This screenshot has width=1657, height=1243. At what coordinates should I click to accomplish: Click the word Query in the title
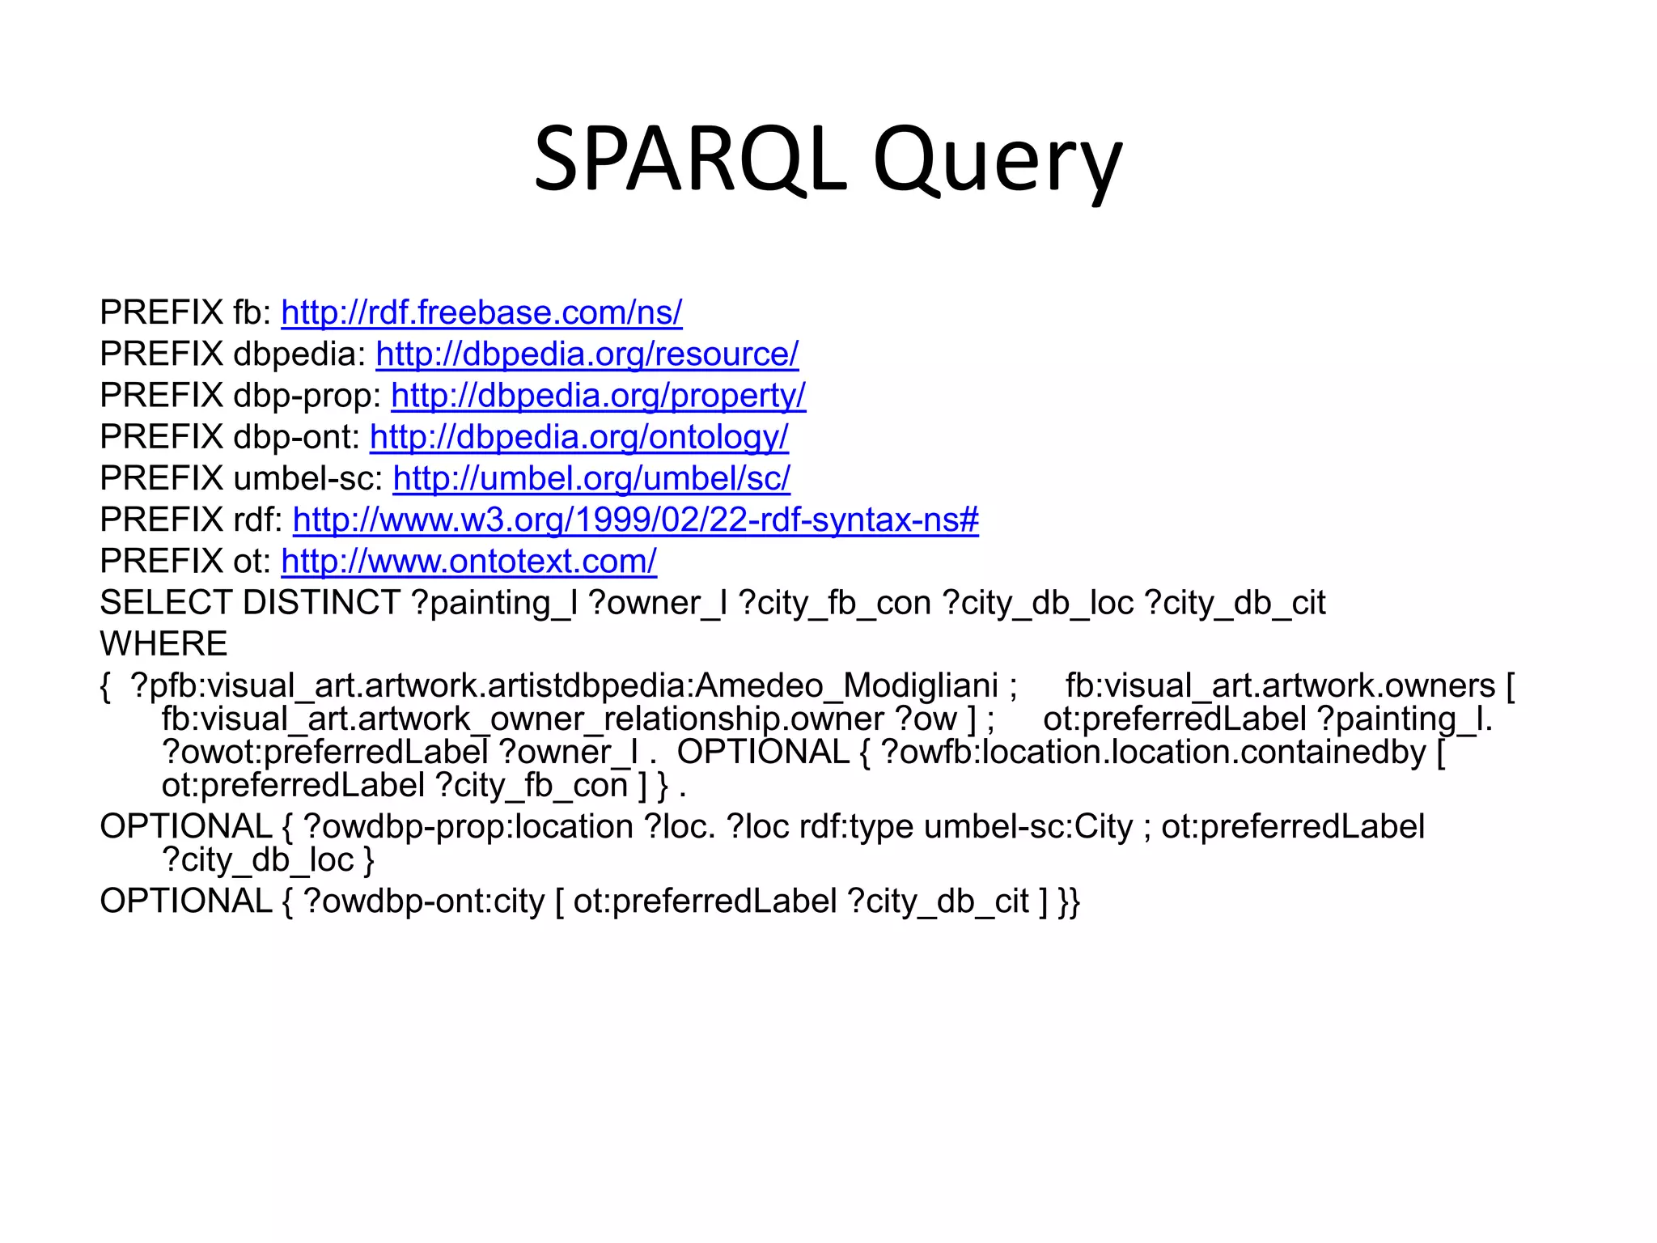tap(998, 160)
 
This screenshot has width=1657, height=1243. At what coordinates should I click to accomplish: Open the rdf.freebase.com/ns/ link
tap(481, 312)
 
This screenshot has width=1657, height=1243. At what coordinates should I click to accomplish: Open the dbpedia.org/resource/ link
tap(587, 354)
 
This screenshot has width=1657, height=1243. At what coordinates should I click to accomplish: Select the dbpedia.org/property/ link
tap(598, 396)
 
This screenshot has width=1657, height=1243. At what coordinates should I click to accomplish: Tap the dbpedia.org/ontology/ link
tap(578, 437)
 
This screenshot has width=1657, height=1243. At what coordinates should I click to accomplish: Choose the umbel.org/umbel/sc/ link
tap(591, 478)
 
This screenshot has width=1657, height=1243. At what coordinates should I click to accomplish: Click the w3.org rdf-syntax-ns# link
tap(635, 520)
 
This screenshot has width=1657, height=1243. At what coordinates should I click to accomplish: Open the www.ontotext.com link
tap(468, 561)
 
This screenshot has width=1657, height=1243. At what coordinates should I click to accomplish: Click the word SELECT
tap(166, 603)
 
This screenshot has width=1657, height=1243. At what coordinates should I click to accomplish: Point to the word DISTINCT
tap(321, 603)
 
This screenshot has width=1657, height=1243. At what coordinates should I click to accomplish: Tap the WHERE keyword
tap(163, 644)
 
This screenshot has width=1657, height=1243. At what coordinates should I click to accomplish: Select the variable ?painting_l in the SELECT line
tap(494, 603)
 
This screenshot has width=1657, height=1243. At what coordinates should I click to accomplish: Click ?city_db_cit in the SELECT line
tap(1235, 603)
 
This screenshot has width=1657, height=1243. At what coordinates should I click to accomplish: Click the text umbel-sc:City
tap(1028, 827)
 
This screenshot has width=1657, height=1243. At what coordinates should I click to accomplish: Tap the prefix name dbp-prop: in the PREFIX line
tap(307, 396)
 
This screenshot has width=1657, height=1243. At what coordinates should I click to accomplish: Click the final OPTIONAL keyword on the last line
tap(186, 901)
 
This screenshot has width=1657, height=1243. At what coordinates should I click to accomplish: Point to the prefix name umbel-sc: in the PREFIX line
tap(308, 478)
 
